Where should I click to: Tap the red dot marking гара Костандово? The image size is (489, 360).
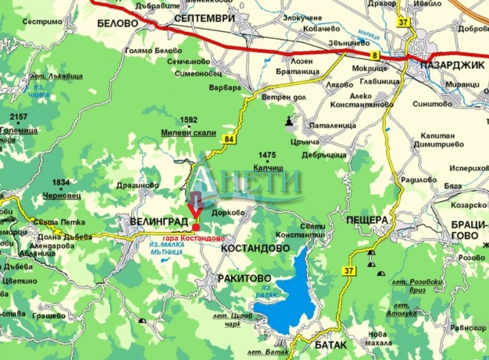(x=196, y=227)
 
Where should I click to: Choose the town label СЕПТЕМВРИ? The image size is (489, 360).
(x=204, y=18)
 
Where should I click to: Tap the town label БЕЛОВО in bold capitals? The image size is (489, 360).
(x=117, y=23)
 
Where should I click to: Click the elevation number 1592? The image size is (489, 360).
(x=189, y=120)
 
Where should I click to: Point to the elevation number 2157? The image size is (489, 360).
(x=18, y=117)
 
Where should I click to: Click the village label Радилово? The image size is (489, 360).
(x=419, y=180)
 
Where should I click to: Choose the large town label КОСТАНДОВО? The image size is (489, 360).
(x=255, y=249)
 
